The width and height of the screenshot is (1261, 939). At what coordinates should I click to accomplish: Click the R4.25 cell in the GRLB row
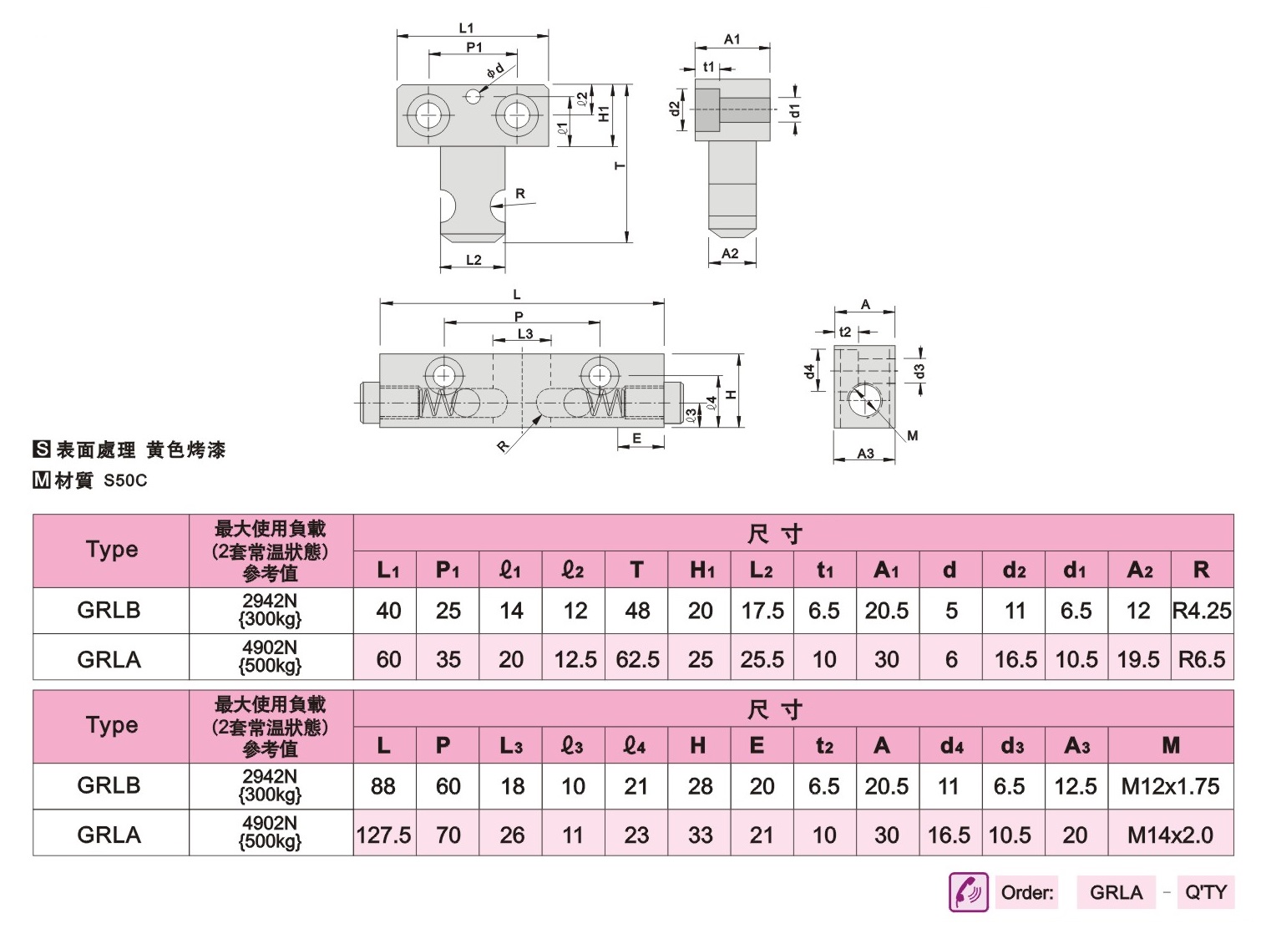pos(1202,610)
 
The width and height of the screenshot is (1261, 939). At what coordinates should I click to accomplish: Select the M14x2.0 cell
pos(1170,835)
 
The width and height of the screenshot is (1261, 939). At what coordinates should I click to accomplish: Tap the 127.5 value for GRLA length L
pos(384,835)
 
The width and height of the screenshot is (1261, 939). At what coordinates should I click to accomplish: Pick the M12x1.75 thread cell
pos(1170,786)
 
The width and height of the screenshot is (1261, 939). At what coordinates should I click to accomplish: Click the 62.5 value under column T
pos(636,659)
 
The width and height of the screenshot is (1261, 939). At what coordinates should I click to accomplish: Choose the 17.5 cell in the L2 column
pos(762,610)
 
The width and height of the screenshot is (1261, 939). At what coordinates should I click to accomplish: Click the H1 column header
pos(700,569)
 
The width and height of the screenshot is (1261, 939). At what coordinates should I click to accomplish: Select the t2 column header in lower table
pos(825,745)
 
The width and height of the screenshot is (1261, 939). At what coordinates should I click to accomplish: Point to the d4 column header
pos(951,745)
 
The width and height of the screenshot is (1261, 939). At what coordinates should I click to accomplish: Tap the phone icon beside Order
pos(969,891)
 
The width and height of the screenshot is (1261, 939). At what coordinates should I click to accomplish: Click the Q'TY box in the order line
pos(1206,891)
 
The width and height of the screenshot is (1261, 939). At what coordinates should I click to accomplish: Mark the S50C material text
pos(125,480)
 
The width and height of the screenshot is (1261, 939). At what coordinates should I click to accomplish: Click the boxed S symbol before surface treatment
pos(42,449)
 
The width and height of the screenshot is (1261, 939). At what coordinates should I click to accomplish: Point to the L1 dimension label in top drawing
pos(466,28)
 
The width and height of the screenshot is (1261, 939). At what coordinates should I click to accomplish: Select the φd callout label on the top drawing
pos(495,70)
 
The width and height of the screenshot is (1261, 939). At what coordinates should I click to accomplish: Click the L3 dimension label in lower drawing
pos(525,333)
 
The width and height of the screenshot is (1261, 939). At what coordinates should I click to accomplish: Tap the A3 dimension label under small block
pos(865,454)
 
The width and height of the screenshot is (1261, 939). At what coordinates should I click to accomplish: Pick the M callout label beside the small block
pos(913,435)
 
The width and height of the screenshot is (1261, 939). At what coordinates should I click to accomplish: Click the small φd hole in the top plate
pos(473,97)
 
